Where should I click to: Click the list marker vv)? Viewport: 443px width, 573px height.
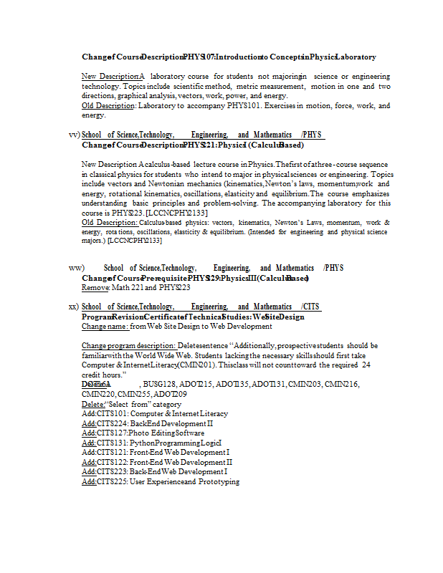point(73,135)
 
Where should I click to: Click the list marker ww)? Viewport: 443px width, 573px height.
point(76,268)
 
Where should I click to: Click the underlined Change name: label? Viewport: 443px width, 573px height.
point(105,327)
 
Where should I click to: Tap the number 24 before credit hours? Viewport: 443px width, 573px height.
point(366,365)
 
